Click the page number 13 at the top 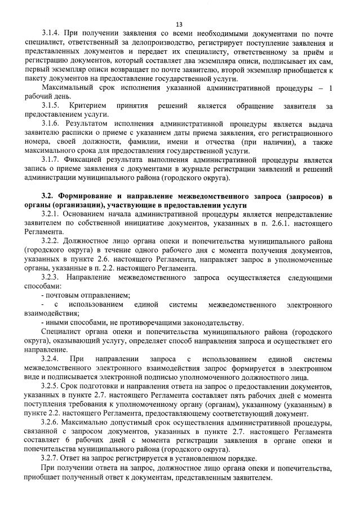pos(179,24)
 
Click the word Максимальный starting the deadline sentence pos(66,87)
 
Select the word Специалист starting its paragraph pos(60,331)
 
